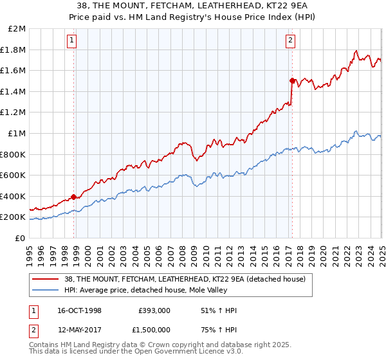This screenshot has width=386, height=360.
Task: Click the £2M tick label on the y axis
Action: (x=17, y=29)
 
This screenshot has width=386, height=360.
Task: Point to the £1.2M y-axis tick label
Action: (x=14, y=113)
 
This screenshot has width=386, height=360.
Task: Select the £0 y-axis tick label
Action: (x=21, y=238)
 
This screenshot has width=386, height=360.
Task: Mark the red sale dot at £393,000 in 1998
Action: (x=74, y=197)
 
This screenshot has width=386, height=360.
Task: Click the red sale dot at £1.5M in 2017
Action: (x=292, y=80)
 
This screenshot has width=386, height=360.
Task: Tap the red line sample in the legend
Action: (x=46, y=278)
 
